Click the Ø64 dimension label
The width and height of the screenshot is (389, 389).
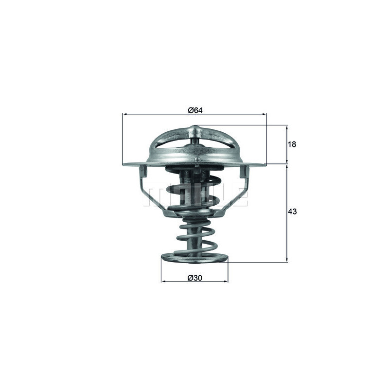pos(195,110)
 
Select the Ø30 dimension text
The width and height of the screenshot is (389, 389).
pos(194,278)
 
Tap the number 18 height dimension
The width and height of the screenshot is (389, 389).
pos(292,144)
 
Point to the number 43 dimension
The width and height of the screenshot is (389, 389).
pos(292,212)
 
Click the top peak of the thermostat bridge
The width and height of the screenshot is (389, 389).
pos(194,129)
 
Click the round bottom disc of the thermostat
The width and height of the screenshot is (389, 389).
pos(194,257)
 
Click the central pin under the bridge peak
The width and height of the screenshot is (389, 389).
pos(194,141)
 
